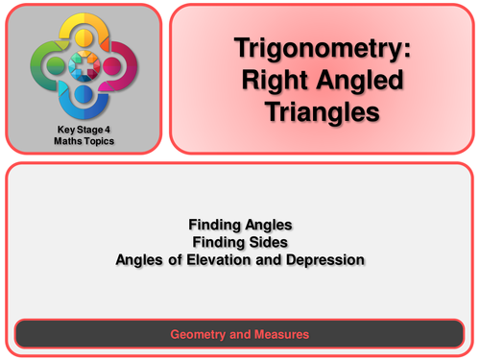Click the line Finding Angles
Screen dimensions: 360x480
[239, 224]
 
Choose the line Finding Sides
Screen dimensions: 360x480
[239, 240]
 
